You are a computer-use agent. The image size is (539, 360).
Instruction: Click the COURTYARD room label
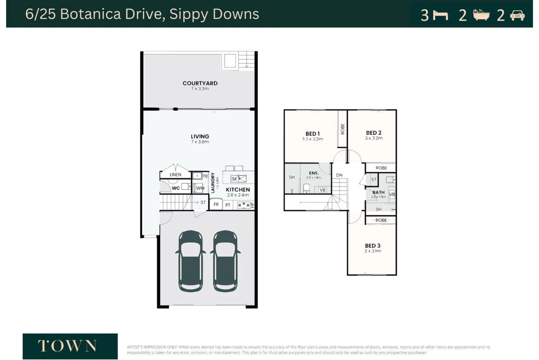[x=200, y=83]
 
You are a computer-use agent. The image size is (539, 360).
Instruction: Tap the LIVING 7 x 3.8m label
[x=200, y=139]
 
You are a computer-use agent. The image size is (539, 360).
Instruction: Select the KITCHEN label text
[x=237, y=190]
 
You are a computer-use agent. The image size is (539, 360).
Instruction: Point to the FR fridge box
[x=216, y=204]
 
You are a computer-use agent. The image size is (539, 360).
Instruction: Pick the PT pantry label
[x=228, y=205]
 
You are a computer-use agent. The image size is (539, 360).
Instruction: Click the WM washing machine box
[x=200, y=188]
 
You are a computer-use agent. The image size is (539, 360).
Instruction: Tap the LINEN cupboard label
[x=175, y=175]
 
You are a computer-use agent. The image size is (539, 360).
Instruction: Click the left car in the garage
[x=191, y=261]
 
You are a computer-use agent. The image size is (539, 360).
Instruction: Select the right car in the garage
[x=225, y=261]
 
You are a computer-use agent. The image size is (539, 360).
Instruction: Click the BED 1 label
[x=312, y=134]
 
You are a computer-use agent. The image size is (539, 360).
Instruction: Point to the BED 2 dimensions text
[x=374, y=138]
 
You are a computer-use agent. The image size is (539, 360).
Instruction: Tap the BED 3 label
[x=373, y=246]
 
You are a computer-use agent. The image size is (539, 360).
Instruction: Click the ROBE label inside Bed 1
[x=343, y=129]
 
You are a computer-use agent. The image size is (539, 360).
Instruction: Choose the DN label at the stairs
[x=339, y=175]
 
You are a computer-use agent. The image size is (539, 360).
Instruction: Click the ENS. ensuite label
[x=314, y=173]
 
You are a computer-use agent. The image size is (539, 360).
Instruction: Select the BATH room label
[x=378, y=192]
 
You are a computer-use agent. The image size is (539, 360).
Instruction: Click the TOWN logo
[x=70, y=346]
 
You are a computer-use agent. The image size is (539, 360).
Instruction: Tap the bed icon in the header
[x=440, y=16]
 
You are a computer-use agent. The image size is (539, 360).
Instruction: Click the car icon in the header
[x=517, y=16]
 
